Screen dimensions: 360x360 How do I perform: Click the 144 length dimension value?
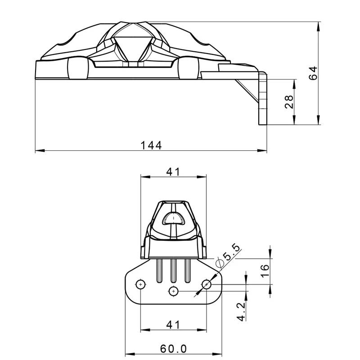(151, 145)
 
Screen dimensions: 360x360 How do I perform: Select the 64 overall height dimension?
(313, 73)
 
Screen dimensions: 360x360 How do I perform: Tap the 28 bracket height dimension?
(289, 102)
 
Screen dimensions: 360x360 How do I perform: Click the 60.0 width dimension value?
(173, 349)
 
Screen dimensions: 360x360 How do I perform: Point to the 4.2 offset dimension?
(241, 311)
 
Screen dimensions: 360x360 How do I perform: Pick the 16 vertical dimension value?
(265, 271)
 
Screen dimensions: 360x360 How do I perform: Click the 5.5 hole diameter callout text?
(231, 252)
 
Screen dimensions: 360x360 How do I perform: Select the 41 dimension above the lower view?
(173, 171)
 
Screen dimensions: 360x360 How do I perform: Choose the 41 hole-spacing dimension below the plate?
(173, 324)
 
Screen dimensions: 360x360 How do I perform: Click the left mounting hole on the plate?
(140, 285)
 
